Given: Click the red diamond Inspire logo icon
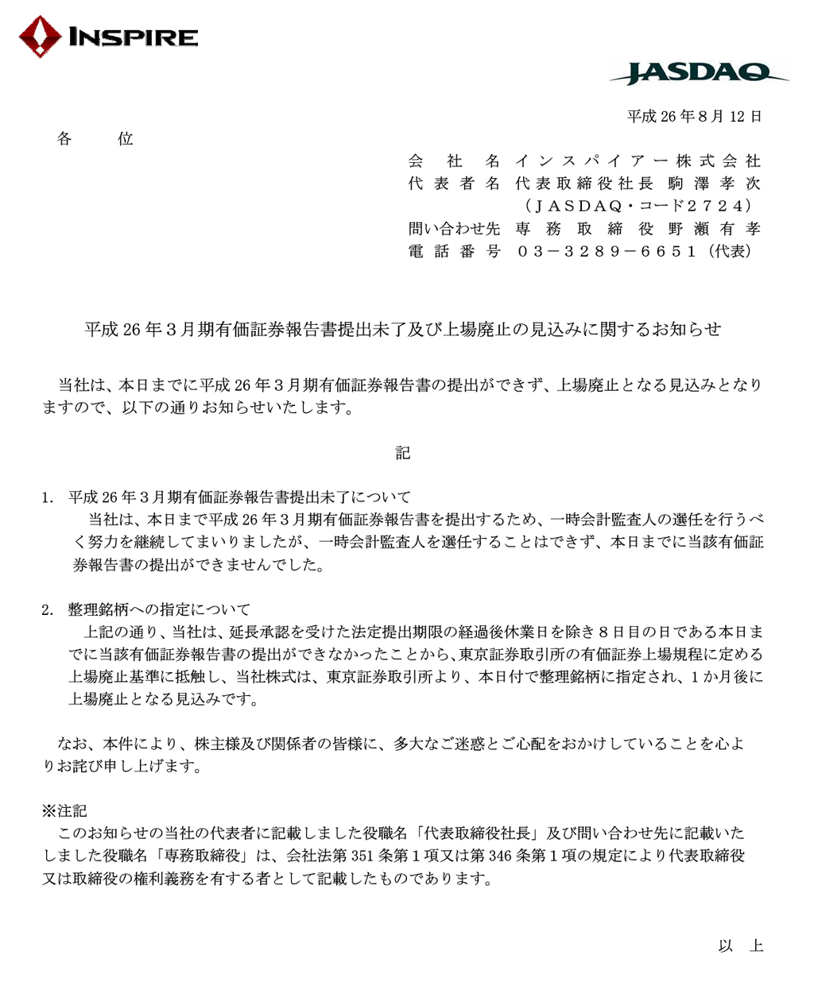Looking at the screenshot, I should pos(40,37).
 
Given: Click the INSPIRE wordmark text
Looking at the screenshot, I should pos(133,37).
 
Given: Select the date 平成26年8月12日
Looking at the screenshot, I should pos(694,117).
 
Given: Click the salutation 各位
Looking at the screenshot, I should pos(95,139).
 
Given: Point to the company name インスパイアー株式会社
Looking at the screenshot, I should pos(638,161).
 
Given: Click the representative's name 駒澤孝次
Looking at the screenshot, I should pos(714,184).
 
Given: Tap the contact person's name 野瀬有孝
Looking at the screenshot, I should pos(714,229).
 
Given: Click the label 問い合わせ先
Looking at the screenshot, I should pos(454,229).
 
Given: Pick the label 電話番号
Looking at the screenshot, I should pos(454,251).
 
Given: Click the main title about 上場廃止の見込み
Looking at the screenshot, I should pos(403,329).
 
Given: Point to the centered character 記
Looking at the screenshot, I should pos(403,453).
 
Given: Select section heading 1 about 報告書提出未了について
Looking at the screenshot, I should pos(238,497).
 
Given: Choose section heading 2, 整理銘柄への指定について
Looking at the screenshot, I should pos(158,609).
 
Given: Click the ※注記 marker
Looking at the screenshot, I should pos(64,810).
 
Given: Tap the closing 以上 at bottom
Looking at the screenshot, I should pos(740,945).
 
